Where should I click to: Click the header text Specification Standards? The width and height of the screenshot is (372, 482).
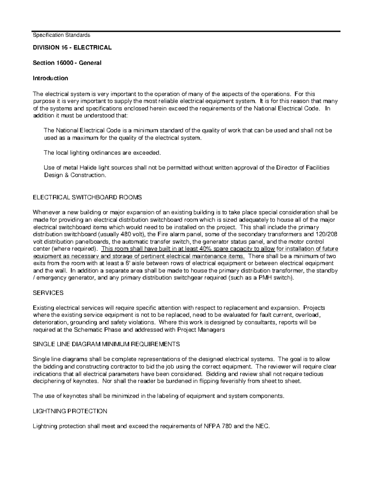pos(61,35)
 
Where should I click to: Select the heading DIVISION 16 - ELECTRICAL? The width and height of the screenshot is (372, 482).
pos(72,47)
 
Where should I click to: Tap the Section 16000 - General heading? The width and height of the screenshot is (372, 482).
pos(67,63)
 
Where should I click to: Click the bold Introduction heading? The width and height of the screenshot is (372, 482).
pos(50,78)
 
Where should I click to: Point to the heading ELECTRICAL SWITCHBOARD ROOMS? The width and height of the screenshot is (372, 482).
pos(87,197)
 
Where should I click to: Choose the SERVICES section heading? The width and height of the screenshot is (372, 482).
pos(48,293)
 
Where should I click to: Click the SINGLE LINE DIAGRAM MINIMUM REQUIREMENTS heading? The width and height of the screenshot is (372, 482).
pos(106,344)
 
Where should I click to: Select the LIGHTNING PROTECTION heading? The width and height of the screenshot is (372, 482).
pos(70,411)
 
